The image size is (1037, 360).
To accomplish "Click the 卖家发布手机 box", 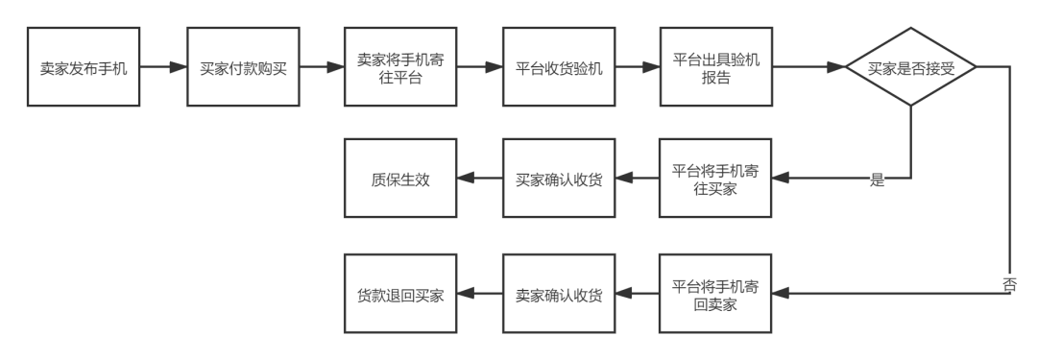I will click(x=84, y=68).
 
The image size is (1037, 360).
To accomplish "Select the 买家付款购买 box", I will click(x=242, y=68).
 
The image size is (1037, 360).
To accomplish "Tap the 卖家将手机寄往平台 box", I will click(x=400, y=68).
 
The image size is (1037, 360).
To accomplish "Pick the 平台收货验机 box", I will click(x=559, y=68).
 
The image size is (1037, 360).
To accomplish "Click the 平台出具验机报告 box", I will click(x=716, y=68).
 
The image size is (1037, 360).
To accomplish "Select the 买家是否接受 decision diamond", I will click(x=911, y=68).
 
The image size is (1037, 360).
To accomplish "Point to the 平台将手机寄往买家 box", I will click(x=716, y=179).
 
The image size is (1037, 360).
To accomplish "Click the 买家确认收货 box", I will click(x=559, y=179).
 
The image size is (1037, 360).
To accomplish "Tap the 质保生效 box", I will click(x=400, y=179).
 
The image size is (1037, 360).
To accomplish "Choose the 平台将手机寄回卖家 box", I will click(x=716, y=294).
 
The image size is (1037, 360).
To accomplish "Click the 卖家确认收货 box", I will click(x=559, y=294).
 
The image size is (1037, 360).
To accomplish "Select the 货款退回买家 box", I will click(x=400, y=294).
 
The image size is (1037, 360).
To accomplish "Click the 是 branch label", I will click(x=876, y=179).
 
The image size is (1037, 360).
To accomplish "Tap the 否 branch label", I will click(x=1010, y=283).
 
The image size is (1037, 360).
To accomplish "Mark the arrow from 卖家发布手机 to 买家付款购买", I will click(x=162, y=68).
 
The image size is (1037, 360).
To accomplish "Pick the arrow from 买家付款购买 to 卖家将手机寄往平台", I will click(x=321, y=68).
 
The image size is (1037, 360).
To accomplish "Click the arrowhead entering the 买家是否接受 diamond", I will click(x=836, y=68).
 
